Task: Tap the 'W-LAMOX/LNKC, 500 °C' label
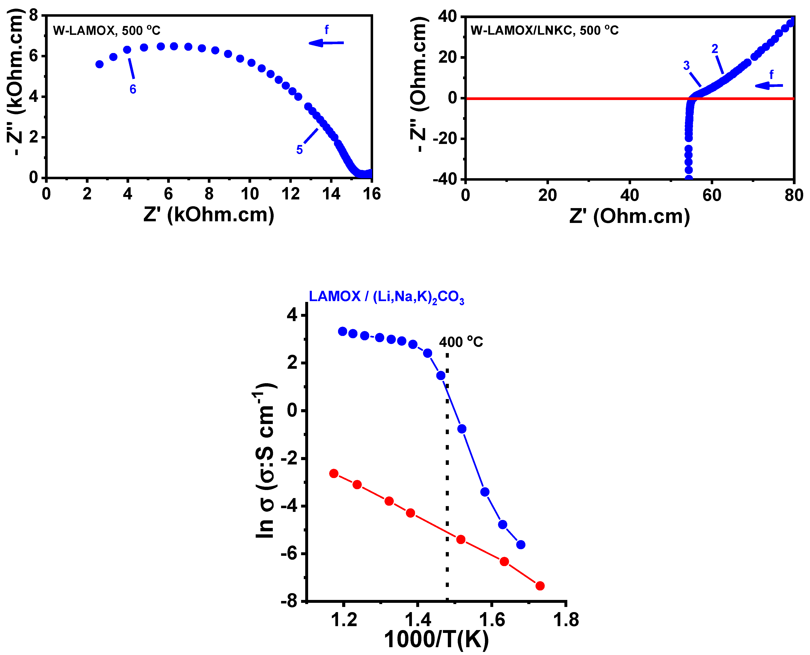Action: [x=544, y=31]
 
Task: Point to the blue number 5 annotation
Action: [x=299, y=150]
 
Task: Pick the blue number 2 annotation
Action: [x=714, y=49]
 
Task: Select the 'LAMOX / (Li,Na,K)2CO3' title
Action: [x=386, y=297]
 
